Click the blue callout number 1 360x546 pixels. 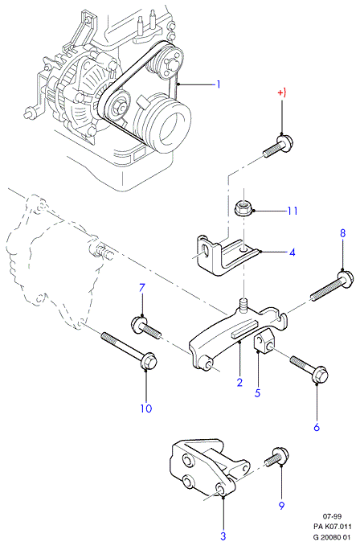pos(219,84)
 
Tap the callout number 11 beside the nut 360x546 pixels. pos(292,211)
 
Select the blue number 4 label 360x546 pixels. pos(292,252)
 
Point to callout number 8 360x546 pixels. pos(343,233)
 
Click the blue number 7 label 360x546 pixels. pos(142,288)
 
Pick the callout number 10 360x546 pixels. pos(146,408)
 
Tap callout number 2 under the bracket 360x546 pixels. pos(239,382)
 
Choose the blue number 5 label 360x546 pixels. pos(257,393)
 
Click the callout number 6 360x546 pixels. pos(317,427)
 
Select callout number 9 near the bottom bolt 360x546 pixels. pos(282,505)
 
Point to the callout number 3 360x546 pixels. pos(223,536)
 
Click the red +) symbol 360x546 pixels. pos(282,93)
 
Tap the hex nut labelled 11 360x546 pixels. pos(243,208)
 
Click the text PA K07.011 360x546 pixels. pos(332,526)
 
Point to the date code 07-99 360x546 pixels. pos(332,516)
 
